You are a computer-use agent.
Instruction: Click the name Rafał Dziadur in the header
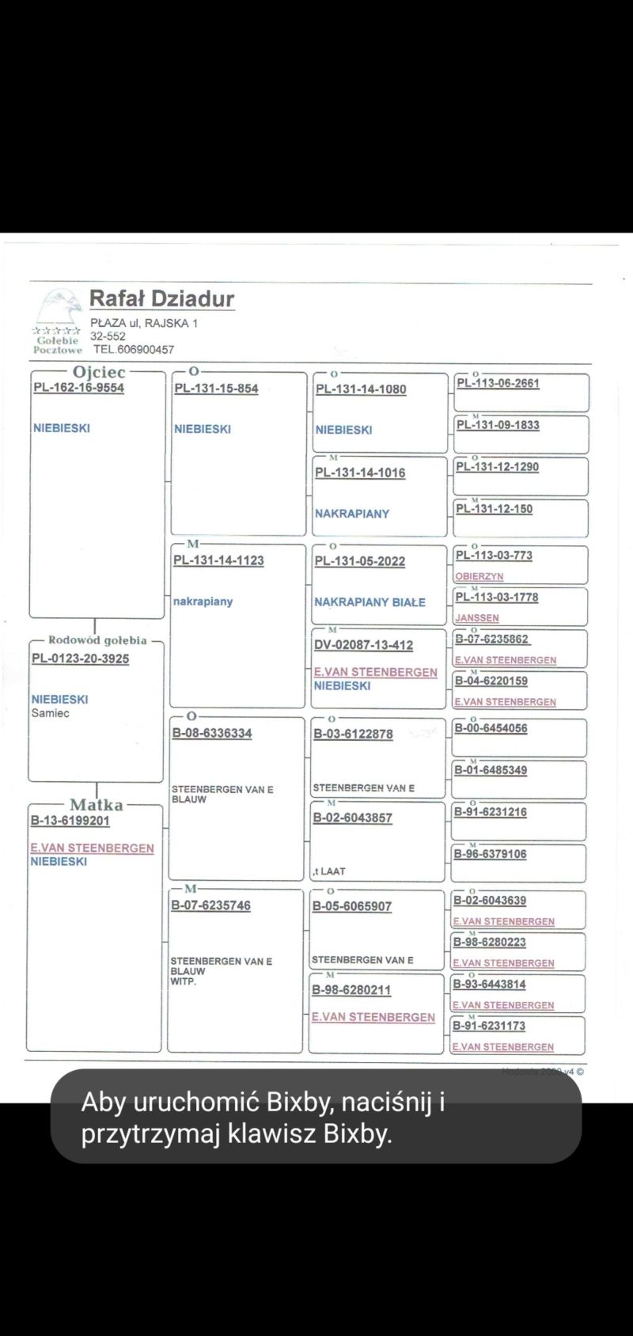coord(161,299)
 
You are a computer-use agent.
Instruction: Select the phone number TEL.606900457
coord(133,349)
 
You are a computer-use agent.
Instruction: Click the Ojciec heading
coord(99,372)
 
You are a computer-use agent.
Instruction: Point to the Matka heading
coord(97,805)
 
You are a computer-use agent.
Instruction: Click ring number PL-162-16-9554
coord(78,388)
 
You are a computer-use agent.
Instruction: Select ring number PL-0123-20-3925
coord(80,659)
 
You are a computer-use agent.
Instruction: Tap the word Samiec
coord(51,713)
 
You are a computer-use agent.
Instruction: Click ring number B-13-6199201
coord(70,821)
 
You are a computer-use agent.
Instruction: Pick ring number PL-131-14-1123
coord(218,560)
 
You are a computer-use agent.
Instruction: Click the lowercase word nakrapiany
coord(203,602)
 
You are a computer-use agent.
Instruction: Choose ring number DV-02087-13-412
coord(363,645)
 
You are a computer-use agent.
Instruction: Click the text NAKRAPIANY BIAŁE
coord(370,602)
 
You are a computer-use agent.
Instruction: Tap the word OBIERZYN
coord(479,576)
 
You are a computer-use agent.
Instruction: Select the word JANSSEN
coord(476,618)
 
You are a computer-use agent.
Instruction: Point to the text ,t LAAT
coord(328,871)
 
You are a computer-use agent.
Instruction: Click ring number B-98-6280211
coord(351,990)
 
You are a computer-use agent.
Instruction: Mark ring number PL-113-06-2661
coord(498,383)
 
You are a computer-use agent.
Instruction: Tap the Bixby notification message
coord(316,1117)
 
